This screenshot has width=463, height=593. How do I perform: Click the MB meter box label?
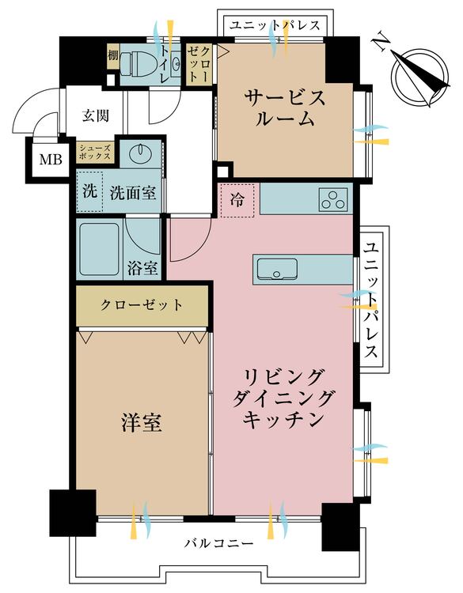tap(51, 160)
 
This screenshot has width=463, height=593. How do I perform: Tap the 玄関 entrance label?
tap(96, 115)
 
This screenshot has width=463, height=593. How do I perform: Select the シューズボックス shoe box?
tap(95, 153)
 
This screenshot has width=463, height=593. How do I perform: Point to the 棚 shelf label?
tap(113, 56)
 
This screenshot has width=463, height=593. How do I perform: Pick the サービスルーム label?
tap(285, 108)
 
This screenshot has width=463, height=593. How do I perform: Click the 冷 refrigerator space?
tap(237, 200)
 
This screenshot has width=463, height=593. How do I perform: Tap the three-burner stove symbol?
tap(333, 199)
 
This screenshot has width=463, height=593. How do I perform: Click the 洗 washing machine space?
tap(89, 191)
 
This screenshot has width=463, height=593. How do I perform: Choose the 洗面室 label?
tap(132, 193)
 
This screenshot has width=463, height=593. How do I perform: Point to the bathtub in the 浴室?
tap(100, 249)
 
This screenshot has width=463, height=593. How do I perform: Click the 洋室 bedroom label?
tap(142, 422)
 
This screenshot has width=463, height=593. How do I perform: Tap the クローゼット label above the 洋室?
tap(142, 305)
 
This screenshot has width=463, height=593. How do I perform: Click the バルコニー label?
tap(218, 544)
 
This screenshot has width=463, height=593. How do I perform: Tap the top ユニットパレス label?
tap(275, 26)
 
